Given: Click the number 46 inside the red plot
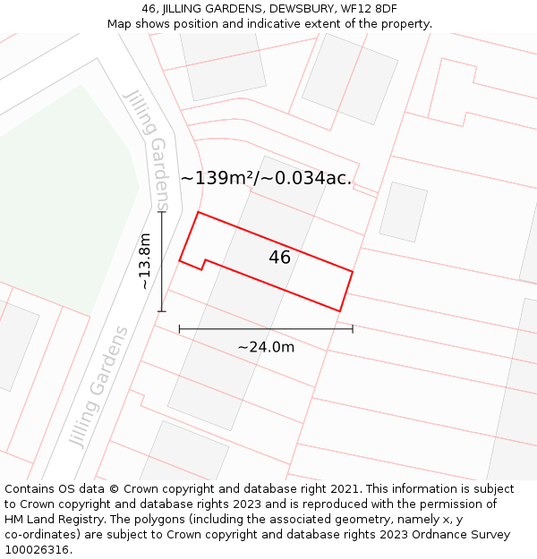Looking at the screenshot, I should click(x=279, y=258).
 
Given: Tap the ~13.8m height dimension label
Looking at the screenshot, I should click(x=145, y=261).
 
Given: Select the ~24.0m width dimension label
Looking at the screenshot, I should click(x=266, y=347).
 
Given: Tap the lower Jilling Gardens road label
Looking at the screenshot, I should click(x=98, y=386).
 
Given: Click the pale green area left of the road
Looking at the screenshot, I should click(x=63, y=197).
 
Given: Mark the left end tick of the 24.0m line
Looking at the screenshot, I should click(x=180, y=328).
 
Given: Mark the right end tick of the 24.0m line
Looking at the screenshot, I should click(x=353, y=328).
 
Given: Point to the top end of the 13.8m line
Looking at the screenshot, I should click(x=162, y=211).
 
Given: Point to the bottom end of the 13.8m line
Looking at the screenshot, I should click(x=162, y=311).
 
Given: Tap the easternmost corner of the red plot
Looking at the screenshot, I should click(x=353, y=271).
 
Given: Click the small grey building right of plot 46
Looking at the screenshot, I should click(x=403, y=212).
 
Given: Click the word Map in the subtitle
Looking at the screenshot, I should click(x=120, y=24).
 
